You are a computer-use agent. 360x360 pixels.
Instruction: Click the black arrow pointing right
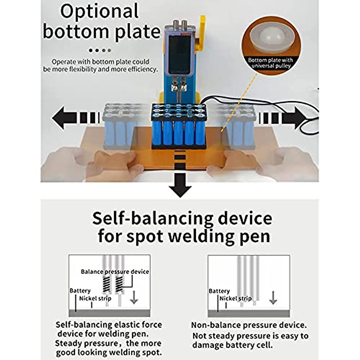[295, 118]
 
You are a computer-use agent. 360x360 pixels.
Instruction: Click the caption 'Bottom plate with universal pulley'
[270, 63]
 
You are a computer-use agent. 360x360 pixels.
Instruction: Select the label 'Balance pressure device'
[115, 272]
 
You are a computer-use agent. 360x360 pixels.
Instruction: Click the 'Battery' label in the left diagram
[80, 291]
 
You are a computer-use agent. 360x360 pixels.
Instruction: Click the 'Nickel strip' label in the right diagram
[235, 298]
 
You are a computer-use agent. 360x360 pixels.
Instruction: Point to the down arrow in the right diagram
[273, 298]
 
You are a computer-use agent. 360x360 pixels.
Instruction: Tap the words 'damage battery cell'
[233, 345]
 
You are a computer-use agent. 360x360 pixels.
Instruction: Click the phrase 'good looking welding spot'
[109, 352]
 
